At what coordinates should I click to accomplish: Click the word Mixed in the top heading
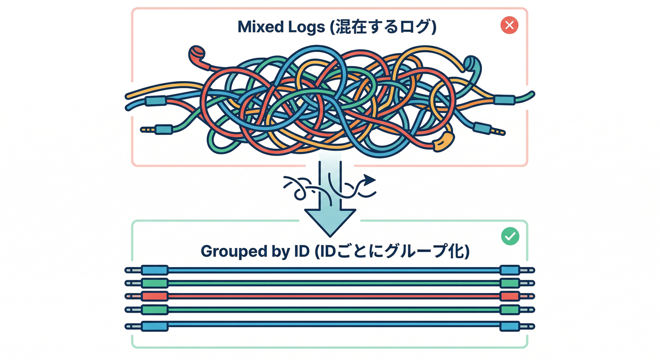click(x=258, y=27)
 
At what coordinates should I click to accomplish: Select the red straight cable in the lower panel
click(x=328, y=296)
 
